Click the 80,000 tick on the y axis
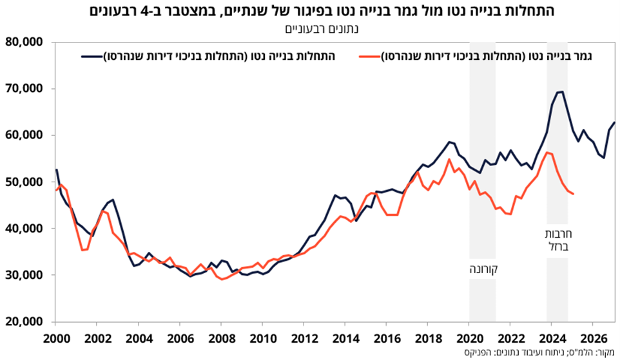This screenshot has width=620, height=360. tap(24, 42)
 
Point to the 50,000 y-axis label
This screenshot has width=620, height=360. tap(24, 182)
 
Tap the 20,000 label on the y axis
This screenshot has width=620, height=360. tap(24, 321)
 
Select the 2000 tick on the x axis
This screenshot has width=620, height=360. tap(55, 339)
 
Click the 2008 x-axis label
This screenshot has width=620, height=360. tap(220, 339)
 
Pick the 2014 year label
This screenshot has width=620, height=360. tap(345, 339)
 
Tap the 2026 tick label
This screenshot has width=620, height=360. tap(592, 339)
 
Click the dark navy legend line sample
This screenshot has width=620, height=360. tap(92, 57)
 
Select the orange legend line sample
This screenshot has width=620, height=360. tap(369, 57)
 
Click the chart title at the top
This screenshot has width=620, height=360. tap(322, 11)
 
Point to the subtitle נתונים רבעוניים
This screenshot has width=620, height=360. tap(322, 29)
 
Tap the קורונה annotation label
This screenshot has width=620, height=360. tap(483, 269)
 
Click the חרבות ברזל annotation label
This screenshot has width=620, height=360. tap(557, 240)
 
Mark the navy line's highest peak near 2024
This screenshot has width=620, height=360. tap(562, 91)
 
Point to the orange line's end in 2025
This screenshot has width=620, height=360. tap(574, 194)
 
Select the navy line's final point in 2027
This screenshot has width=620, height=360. tap(614, 122)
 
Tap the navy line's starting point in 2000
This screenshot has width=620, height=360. tap(56, 170)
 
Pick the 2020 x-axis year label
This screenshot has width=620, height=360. tap(469, 339)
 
